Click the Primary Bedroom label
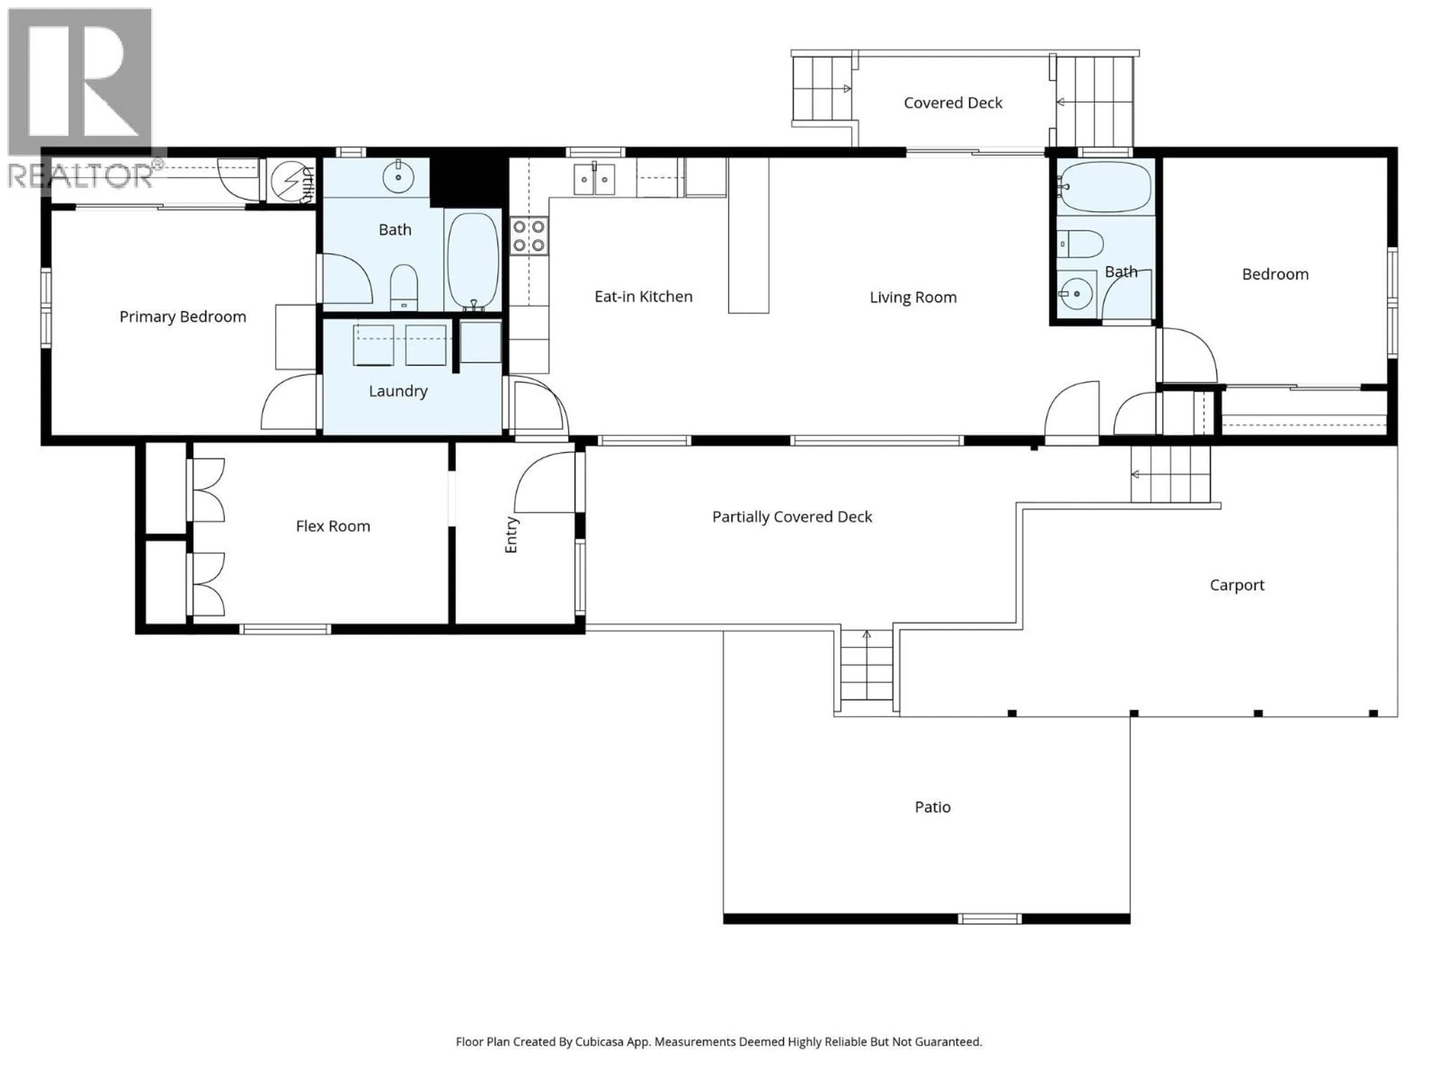[183, 317]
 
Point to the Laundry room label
[398, 391]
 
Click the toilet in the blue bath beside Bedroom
[1080, 244]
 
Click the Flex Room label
[333, 526]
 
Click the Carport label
[1237, 585]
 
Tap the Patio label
[932, 807]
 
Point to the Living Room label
[913, 298]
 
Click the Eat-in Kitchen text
[643, 297]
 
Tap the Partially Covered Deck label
[792, 517]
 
